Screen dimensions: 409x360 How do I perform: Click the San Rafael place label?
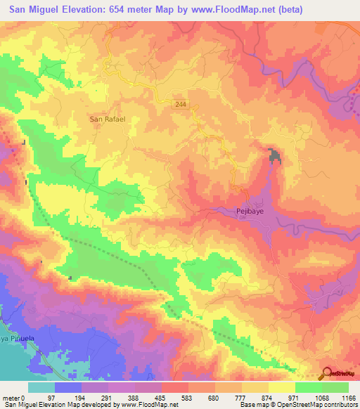click(x=108, y=119)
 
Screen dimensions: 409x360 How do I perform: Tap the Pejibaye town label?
click(x=248, y=210)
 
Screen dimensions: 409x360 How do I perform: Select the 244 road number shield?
click(x=182, y=104)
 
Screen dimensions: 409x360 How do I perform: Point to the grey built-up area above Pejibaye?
click(x=274, y=157)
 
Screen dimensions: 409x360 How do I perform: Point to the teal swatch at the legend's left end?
click(x=41, y=387)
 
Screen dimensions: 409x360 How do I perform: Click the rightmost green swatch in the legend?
click(x=335, y=387)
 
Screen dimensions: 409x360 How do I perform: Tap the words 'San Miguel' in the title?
click(x=28, y=10)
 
